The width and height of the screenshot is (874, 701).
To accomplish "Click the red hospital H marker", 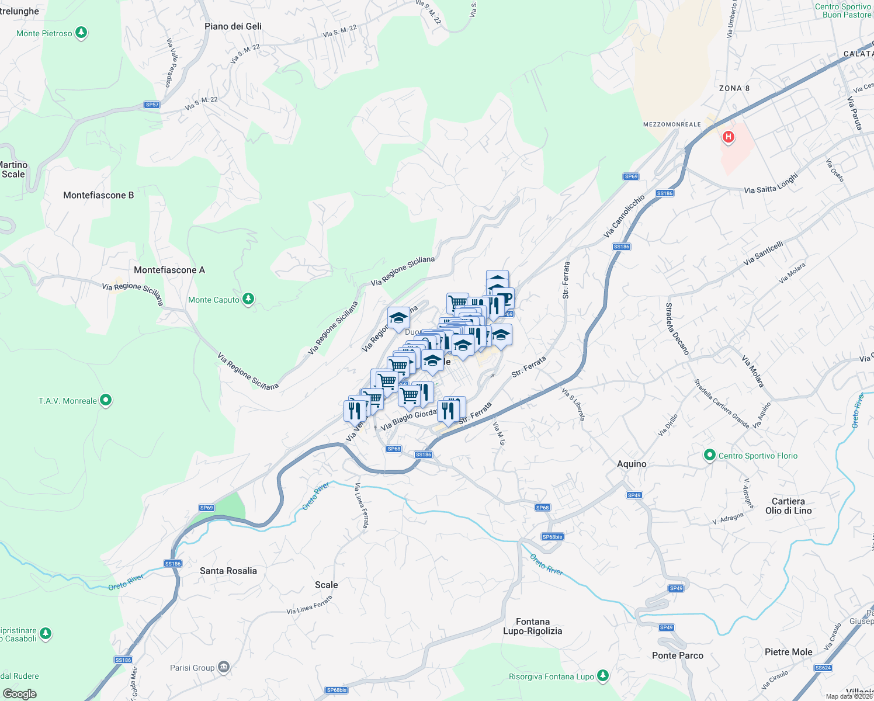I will pos(728,137).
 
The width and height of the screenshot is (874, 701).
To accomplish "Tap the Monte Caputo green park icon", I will pos(248,300).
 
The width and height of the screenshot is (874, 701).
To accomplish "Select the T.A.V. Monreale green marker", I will pos(106,401).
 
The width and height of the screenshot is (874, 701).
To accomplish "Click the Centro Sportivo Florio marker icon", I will pos(710,456).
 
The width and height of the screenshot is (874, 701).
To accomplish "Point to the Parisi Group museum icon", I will pos(223,667).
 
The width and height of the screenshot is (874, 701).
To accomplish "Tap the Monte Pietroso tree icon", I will pos(81,33).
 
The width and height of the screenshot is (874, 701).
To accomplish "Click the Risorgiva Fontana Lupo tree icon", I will pos(603,676).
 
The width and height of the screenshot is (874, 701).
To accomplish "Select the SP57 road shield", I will pos(152,105).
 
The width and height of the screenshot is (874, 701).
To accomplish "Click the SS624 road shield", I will pos(823,668).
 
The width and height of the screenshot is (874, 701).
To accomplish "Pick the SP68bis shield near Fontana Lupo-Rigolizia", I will pos(552,537).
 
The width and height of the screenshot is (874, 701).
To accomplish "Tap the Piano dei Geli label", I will pos(233,26).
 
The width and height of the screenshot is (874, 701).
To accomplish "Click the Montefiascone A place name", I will pos(169,270).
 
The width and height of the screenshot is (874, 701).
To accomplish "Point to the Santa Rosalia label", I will pos(228,571).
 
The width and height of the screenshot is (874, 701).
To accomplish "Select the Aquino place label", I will pos(632,464).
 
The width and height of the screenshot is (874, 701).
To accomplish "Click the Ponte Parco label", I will pos(678,655).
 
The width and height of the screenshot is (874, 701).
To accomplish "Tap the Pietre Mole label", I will pos(789,652).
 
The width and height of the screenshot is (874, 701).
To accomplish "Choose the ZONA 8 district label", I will pos(734,88).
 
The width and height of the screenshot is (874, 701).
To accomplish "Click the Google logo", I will pos(20,694).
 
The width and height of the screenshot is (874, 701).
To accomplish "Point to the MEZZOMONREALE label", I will pos(672,124).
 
